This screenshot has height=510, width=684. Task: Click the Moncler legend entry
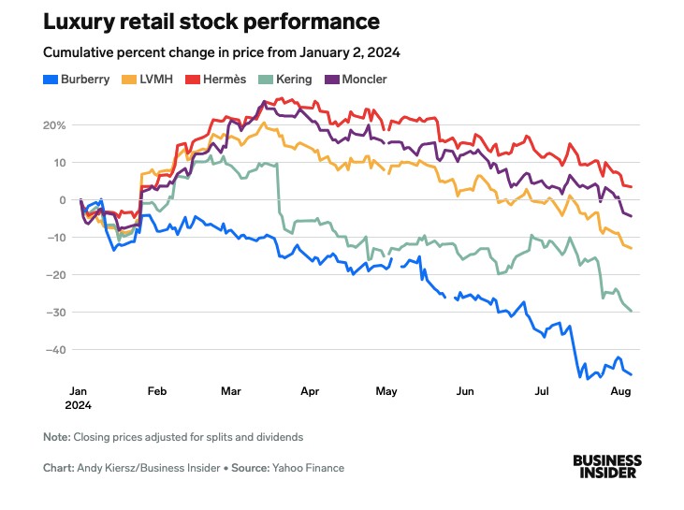[x=361, y=80]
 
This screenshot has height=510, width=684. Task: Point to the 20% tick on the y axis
[x=53, y=125]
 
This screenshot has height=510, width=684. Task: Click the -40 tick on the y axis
[x=55, y=349]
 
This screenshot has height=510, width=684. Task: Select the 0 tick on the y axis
[x=62, y=200]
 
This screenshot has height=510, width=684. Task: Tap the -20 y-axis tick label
[x=55, y=274]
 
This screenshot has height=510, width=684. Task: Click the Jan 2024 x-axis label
[x=80, y=399]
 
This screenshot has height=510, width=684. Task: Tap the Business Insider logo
[x=607, y=466]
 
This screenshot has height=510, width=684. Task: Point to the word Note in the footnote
[x=56, y=437]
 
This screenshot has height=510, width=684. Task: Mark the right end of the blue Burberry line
[x=632, y=374]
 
